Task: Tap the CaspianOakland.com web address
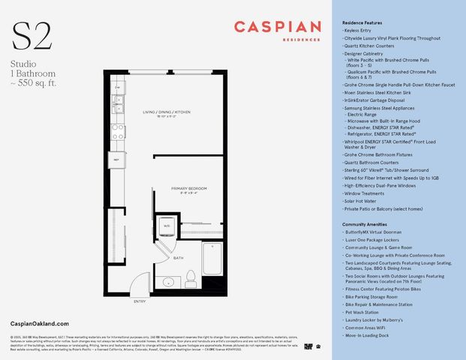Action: click(x=41, y=321)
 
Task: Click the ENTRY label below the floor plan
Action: click(x=140, y=301)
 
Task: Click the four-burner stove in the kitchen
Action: click(x=118, y=131)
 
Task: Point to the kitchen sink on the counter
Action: click(x=117, y=93)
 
